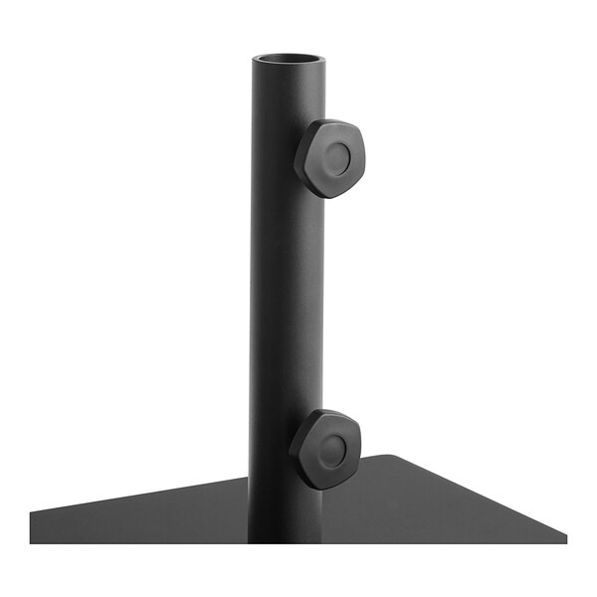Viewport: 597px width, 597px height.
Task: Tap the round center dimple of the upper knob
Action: [336, 156]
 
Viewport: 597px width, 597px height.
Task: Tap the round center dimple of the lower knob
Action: [332, 450]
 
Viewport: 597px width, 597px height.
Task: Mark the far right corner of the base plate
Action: [565, 538]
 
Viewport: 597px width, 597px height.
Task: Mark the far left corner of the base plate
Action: [32, 514]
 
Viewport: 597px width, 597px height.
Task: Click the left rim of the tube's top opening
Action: [255, 62]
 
